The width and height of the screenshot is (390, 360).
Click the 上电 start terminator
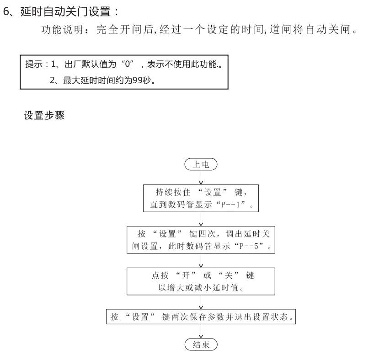pyautogui.click(x=201, y=164)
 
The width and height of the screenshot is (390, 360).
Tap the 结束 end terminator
pyautogui.click(x=201, y=344)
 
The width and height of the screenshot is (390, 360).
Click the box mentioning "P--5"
pyautogui.click(x=201, y=240)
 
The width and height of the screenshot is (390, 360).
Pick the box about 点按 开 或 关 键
pyautogui.click(x=202, y=281)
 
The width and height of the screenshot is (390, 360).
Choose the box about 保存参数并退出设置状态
pyautogui.click(x=201, y=317)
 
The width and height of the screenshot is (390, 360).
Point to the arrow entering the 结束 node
pyautogui.click(x=201, y=331)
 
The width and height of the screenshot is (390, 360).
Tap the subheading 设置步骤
pyautogui.click(x=44, y=116)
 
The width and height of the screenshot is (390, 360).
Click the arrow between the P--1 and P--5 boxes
pyautogui.click(x=201, y=219)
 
